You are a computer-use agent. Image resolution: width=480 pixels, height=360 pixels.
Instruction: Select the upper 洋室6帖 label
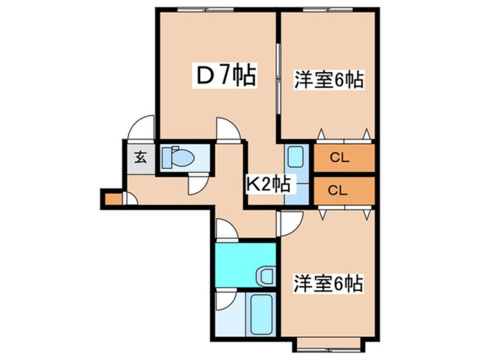[329, 79]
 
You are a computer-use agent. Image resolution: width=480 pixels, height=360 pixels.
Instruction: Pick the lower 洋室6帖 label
[329, 284]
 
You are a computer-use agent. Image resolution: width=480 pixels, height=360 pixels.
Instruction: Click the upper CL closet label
[339, 158]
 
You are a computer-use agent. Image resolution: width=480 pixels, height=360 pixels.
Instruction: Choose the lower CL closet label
[338, 191]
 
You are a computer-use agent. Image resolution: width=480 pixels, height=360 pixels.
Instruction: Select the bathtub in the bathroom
[261, 315]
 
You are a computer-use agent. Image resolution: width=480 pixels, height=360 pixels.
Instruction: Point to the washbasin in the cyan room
[266, 277]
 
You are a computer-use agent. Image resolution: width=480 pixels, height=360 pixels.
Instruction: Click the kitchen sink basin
[295, 157]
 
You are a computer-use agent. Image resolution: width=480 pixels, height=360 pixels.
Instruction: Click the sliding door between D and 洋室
[278, 79]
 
